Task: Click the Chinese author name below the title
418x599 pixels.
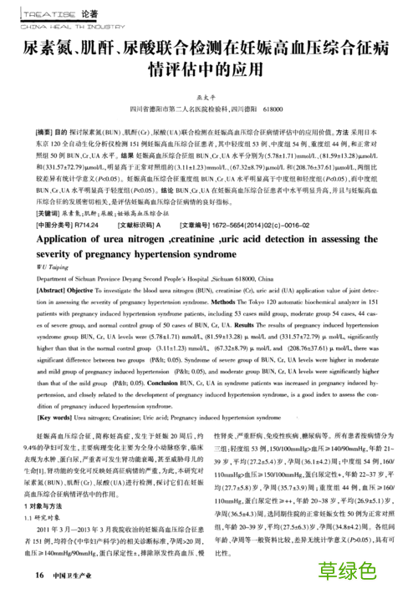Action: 205,97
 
